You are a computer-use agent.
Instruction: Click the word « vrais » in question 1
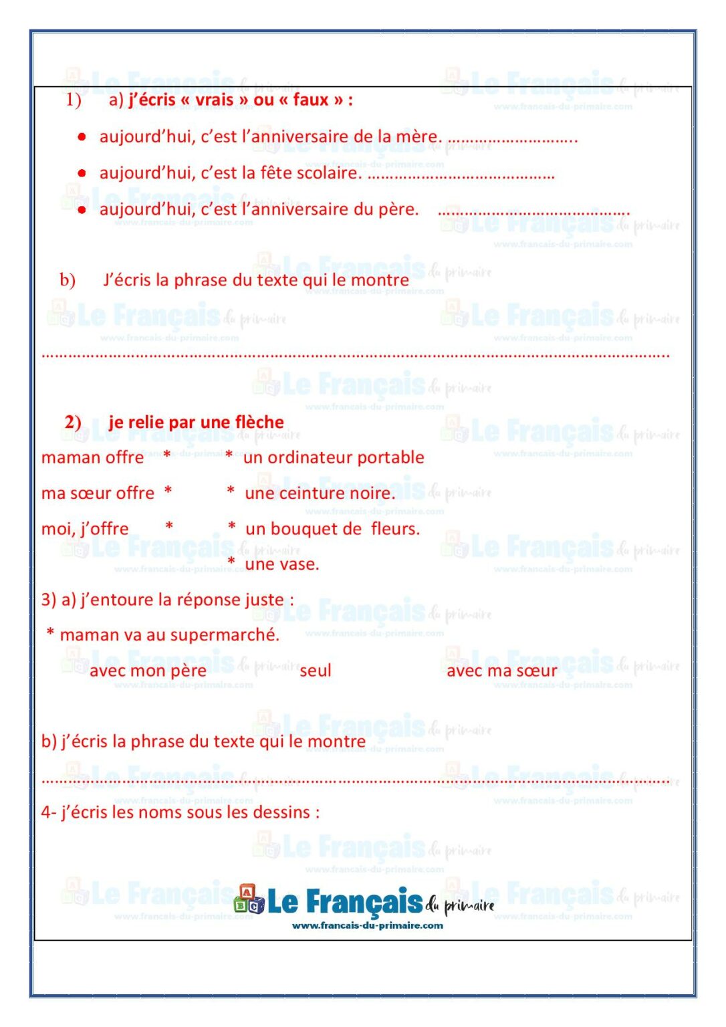point(214,100)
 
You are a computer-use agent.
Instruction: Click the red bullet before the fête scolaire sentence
point(82,173)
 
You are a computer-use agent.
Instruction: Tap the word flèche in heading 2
point(259,422)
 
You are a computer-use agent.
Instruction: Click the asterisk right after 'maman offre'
point(167,456)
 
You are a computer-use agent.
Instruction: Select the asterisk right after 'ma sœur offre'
point(168,491)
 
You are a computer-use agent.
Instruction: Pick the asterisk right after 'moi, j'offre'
point(170,527)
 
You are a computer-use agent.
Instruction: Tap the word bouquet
point(293,529)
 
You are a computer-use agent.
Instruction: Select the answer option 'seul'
point(316,671)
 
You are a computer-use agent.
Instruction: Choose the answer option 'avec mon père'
point(148,671)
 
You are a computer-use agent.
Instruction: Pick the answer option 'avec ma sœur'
point(501,671)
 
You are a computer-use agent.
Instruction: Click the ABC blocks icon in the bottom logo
point(249,900)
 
